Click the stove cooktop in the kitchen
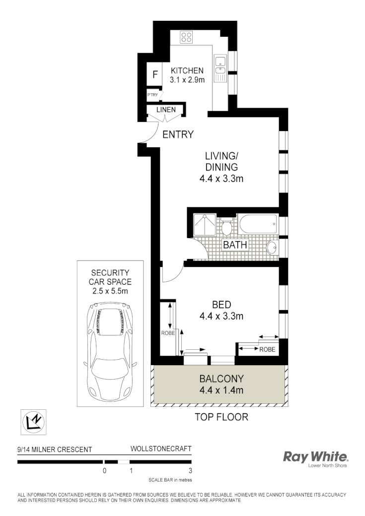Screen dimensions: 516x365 point(187,36)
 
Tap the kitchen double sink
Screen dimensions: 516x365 point(220,68)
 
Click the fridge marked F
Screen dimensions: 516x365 point(155,75)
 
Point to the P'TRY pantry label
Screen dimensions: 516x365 point(152,94)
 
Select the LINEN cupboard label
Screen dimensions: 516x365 point(166,109)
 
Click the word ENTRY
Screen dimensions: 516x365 point(178,134)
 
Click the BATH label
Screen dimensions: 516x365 point(235,245)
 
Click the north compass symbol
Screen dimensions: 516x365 point(33,422)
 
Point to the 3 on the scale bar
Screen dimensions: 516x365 point(191,471)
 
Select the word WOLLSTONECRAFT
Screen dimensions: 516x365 point(160,449)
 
